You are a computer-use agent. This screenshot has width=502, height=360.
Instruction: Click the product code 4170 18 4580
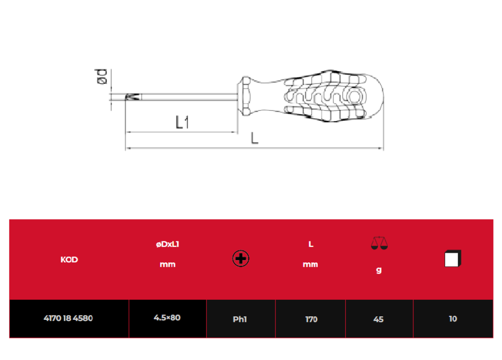click(x=68, y=318)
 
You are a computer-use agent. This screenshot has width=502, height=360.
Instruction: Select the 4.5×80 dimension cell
click(x=167, y=318)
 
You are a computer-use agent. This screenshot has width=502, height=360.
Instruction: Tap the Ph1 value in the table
click(x=240, y=319)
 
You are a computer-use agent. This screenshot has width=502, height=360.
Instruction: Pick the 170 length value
click(x=311, y=319)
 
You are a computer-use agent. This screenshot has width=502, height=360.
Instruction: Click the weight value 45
click(x=378, y=319)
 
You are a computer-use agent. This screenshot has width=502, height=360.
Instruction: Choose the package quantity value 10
click(x=452, y=319)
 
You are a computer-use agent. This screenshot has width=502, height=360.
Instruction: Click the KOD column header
click(x=69, y=259)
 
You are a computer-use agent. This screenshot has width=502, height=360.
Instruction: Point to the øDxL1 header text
click(x=168, y=244)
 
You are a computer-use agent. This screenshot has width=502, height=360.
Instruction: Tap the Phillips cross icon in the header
click(x=241, y=258)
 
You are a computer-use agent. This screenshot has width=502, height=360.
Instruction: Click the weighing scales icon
click(x=379, y=243)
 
